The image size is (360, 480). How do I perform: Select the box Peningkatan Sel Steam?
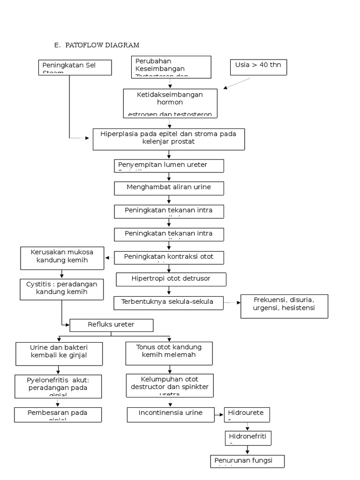point(75,67)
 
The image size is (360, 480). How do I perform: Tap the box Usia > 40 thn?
point(258,67)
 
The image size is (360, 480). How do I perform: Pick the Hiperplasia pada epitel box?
point(168,139)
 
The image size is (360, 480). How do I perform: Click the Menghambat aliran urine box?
point(169,188)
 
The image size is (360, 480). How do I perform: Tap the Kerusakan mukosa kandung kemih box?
point(62,258)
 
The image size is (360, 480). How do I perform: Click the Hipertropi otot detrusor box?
point(171,279)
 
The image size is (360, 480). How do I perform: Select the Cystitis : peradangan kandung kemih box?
point(62,289)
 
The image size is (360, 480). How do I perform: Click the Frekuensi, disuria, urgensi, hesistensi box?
point(284,306)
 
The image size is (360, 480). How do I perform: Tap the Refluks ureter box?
point(111,325)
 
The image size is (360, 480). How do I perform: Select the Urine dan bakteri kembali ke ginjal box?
point(59,353)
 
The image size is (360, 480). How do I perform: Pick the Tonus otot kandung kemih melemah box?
point(169,353)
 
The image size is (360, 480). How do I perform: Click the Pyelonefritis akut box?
point(58,385)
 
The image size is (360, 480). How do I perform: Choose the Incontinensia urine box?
point(171,414)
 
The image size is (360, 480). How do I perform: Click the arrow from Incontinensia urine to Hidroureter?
point(219,415)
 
